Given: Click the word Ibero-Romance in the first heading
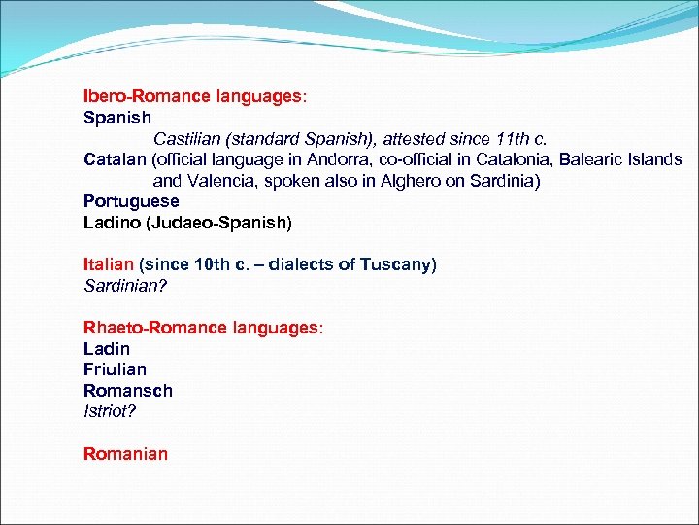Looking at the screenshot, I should click(143, 96).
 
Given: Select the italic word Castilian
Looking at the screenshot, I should click(187, 138).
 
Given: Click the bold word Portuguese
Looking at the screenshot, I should click(131, 201).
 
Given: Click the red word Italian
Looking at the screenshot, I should click(109, 264).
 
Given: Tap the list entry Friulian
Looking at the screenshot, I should click(115, 369).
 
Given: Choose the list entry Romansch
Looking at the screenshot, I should click(128, 391).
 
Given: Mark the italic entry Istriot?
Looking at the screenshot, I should click(110, 411).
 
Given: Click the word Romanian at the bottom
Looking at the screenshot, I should click(125, 453).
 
